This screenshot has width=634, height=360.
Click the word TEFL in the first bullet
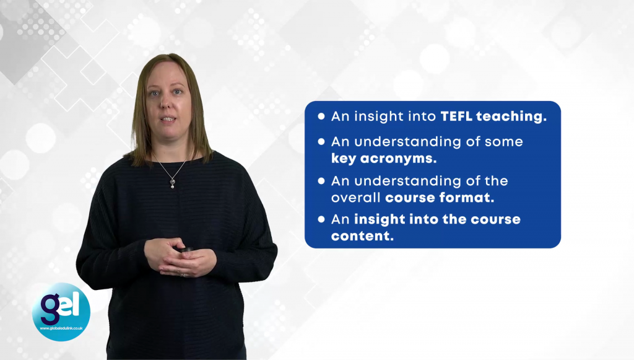(456, 116)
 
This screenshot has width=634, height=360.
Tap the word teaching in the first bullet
(511, 117)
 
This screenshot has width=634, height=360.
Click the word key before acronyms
(344, 158)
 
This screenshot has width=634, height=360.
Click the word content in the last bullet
(362, 236)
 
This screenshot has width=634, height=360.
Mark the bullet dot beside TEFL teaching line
(321, 116)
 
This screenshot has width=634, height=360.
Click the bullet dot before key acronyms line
(321, 141)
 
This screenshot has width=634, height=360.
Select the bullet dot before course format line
(321, 181)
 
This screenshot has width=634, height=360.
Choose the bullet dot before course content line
(321, 219)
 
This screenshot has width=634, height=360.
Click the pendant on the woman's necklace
(173, 183)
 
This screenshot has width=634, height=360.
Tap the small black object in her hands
(186, 250)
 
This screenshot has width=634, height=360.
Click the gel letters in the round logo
(60, 307)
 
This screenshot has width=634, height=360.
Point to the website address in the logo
(61, 328)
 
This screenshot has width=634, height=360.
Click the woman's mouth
(168, 119)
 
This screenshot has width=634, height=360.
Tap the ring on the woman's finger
(183, 274)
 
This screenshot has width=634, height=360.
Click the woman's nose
(165, 103)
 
